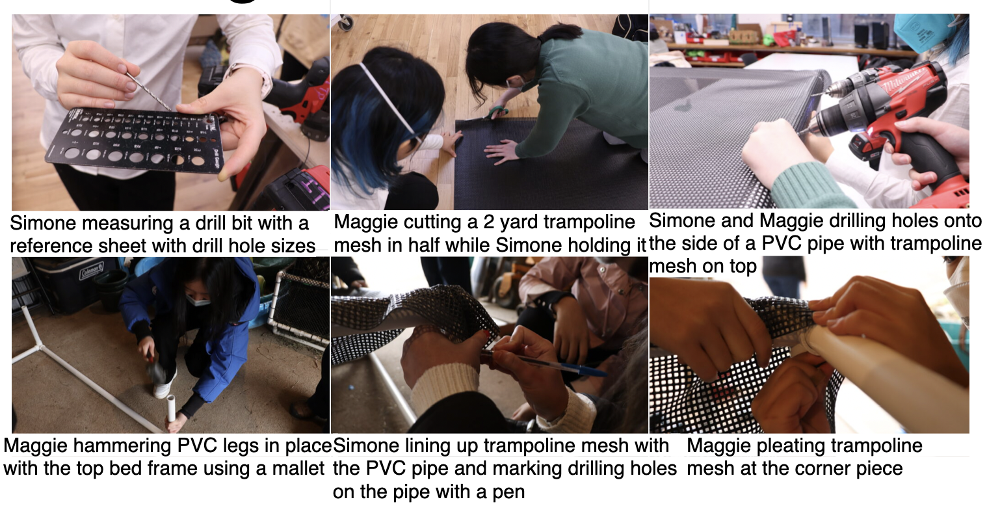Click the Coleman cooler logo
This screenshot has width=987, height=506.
(x=92, y=271)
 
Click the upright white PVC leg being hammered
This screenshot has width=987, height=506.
(x=170, y=409)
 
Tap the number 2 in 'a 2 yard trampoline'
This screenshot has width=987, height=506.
(x=489, y=222)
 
